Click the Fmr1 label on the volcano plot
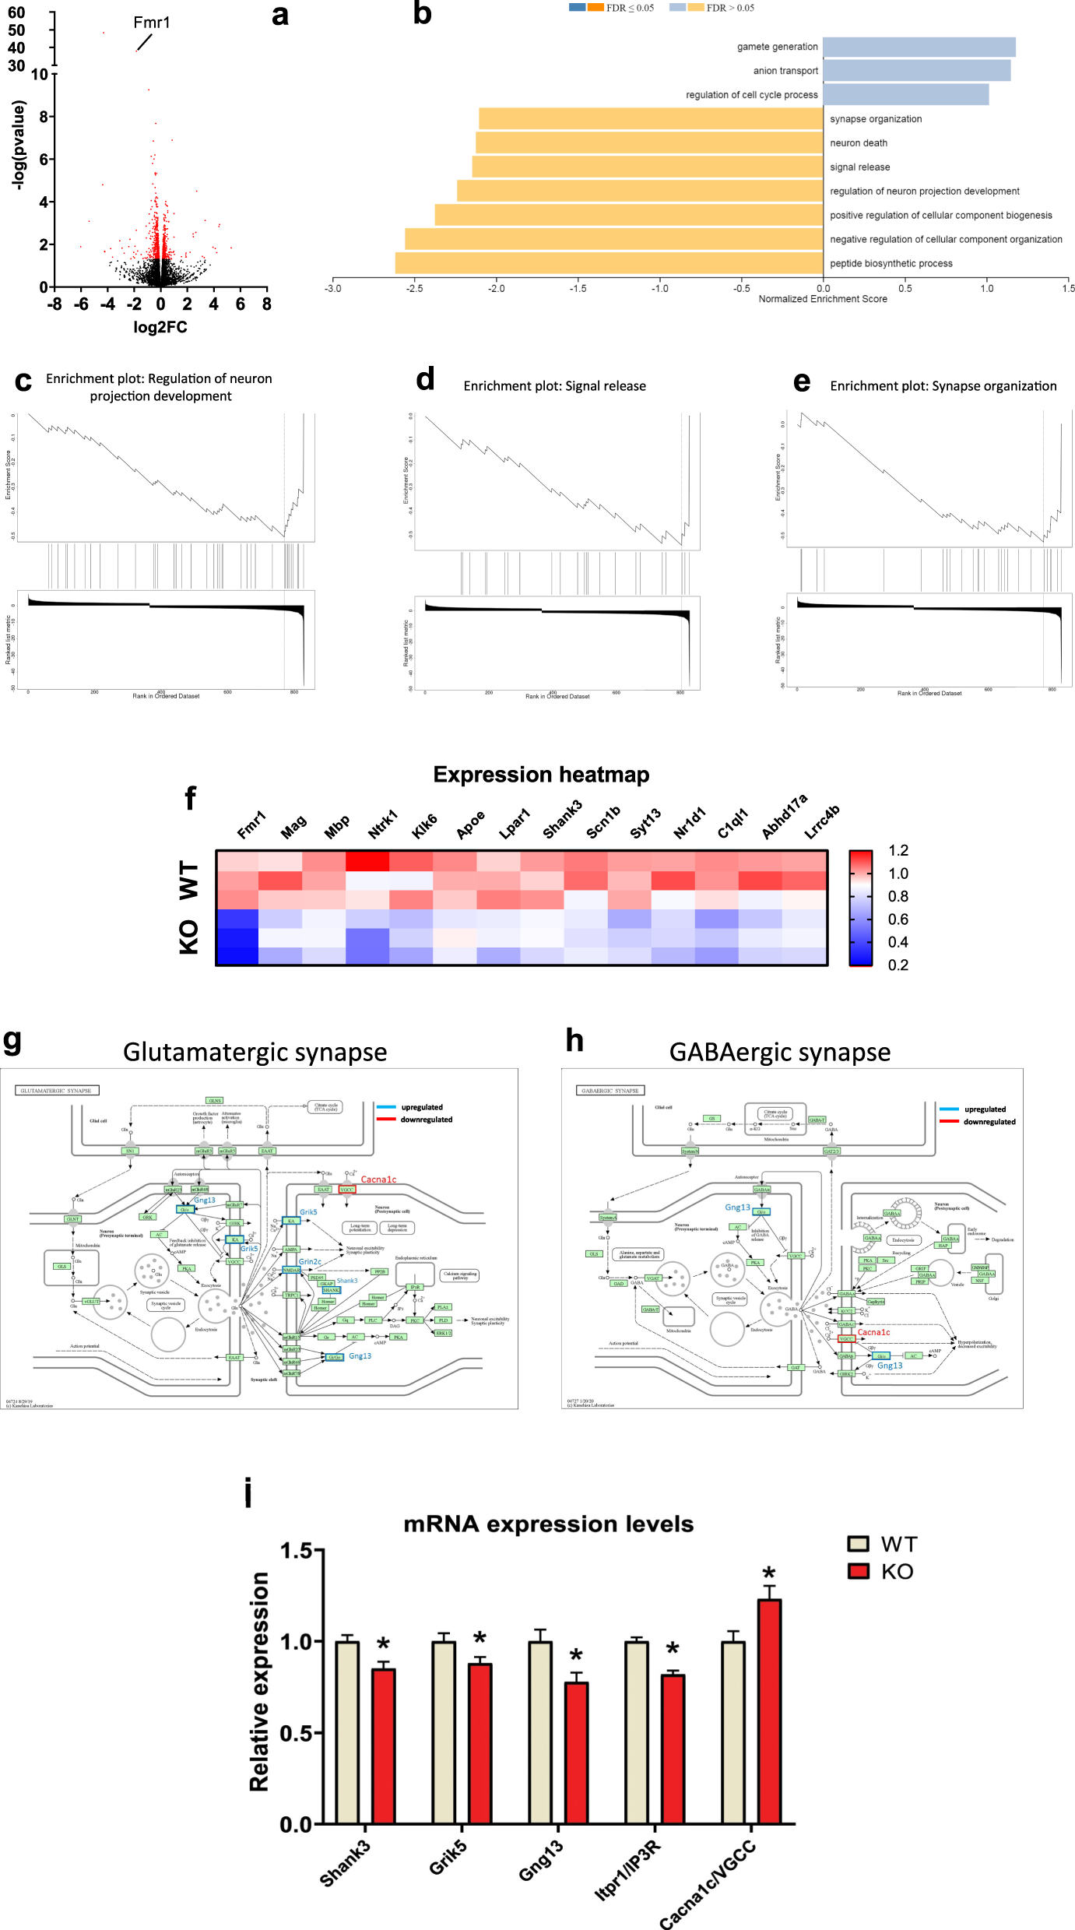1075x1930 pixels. point(151,23)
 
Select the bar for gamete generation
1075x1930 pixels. point(919,47)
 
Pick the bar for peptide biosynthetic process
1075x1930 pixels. point(609,263)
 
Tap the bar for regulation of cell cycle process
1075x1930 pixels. point(905,95)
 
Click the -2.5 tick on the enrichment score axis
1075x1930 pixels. point(414,289)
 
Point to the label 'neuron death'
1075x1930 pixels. point(858,143)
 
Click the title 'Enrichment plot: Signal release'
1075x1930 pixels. point(554,386)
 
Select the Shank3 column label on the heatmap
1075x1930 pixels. point(562,820)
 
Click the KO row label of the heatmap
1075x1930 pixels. point(189,937)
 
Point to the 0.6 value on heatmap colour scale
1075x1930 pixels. point(898,919)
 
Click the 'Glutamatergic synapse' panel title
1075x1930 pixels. point(255,1052)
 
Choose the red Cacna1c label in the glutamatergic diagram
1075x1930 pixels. point(378,1179)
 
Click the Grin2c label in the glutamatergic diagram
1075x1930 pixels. point(310,1262)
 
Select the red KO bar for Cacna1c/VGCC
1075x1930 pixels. point(769,1711)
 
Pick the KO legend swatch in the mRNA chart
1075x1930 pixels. point(858,1571)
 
